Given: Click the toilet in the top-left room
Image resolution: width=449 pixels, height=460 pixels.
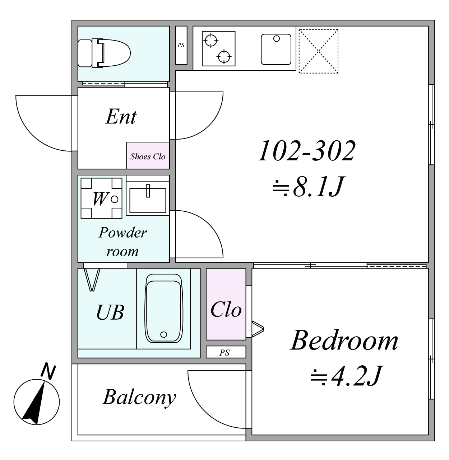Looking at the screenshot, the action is [104, 53].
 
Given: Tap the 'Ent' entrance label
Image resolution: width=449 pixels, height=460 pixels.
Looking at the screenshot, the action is [121, 117].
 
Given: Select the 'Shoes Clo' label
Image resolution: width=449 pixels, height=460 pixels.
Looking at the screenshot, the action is [148, 156].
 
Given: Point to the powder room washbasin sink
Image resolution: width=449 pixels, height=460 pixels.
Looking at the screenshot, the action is [148, 200].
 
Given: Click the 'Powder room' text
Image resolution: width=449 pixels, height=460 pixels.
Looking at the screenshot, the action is [122, 242].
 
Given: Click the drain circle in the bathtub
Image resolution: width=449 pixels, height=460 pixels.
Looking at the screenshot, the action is [163, 334].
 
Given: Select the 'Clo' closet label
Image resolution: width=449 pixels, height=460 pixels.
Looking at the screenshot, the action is [226, 309].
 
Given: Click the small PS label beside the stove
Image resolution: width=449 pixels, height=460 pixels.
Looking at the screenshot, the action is [181, 45].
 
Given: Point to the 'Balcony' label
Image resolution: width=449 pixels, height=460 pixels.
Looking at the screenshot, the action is [139, 398].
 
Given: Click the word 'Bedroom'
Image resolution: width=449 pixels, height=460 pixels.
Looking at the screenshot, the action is [344, 341].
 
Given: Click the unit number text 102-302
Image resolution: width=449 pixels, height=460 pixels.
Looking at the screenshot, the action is [307, 151].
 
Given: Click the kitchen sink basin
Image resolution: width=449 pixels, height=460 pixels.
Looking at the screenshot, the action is [276, 49].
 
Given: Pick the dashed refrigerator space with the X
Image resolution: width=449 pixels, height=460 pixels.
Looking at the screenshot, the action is [318, 51].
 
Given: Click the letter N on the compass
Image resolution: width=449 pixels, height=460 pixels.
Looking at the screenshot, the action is [48, 372].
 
